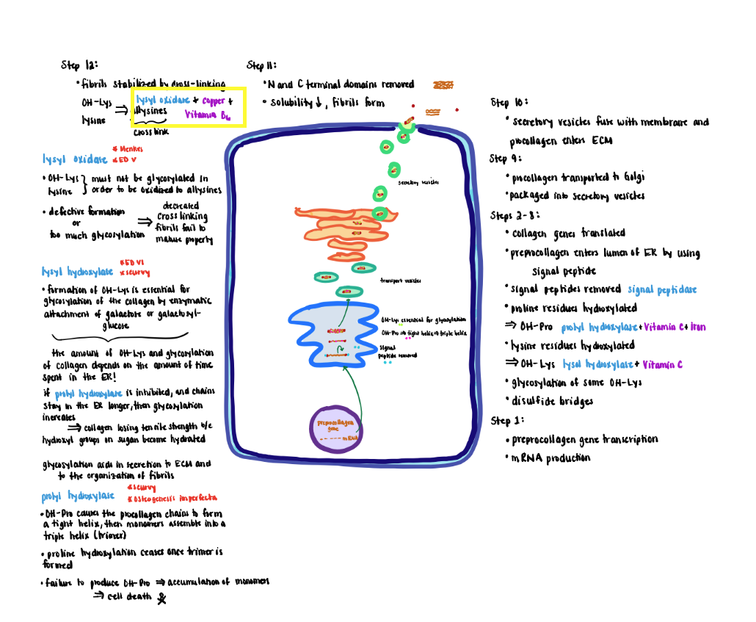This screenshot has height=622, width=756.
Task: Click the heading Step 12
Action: [x=80, y=65]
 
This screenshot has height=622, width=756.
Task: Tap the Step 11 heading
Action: [x=261, y=65]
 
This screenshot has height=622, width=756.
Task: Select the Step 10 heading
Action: [x=509, y=102]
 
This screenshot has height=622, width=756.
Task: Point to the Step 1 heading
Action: [x=507, y=420]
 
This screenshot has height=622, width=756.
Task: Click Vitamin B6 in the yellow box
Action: [x=208, y=115]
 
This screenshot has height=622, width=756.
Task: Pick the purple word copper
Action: [x=213, y=101]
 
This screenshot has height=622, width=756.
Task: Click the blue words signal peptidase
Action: [x=662, y=289]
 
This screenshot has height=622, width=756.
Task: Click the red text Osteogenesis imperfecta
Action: [x=171, y=497]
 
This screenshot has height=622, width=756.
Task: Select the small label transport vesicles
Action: [x=400, y=281]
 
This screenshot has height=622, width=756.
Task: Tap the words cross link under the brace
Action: [x=151, y=133]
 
